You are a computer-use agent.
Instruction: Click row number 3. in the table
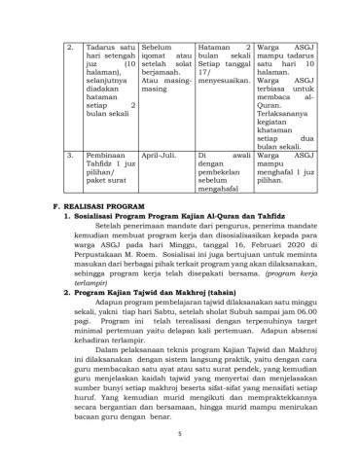(x=69, y=155)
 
